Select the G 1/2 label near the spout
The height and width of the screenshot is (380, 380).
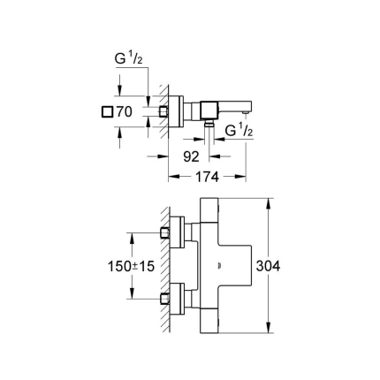tap(241, 132)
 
